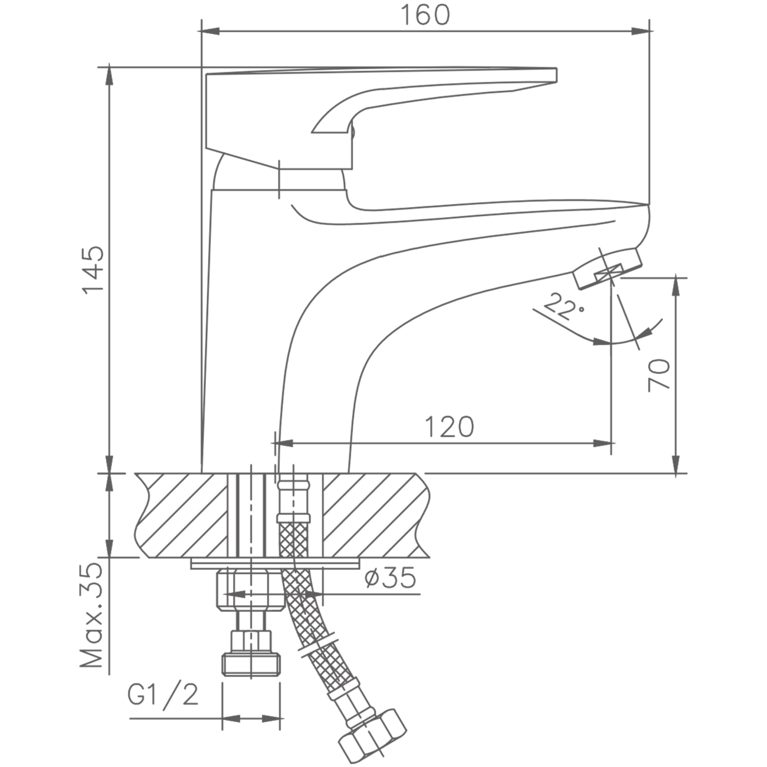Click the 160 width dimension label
coord(425,15)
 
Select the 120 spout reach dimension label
coord(450,427)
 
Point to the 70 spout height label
coord(659,375)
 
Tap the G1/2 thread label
coord(163,695)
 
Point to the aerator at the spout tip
coord(607,268)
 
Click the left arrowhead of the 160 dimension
coord(211,31)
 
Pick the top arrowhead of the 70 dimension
coord(676,287)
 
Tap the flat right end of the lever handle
coord(556,75)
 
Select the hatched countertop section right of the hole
coord(376,516)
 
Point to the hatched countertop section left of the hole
coord(182,516)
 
